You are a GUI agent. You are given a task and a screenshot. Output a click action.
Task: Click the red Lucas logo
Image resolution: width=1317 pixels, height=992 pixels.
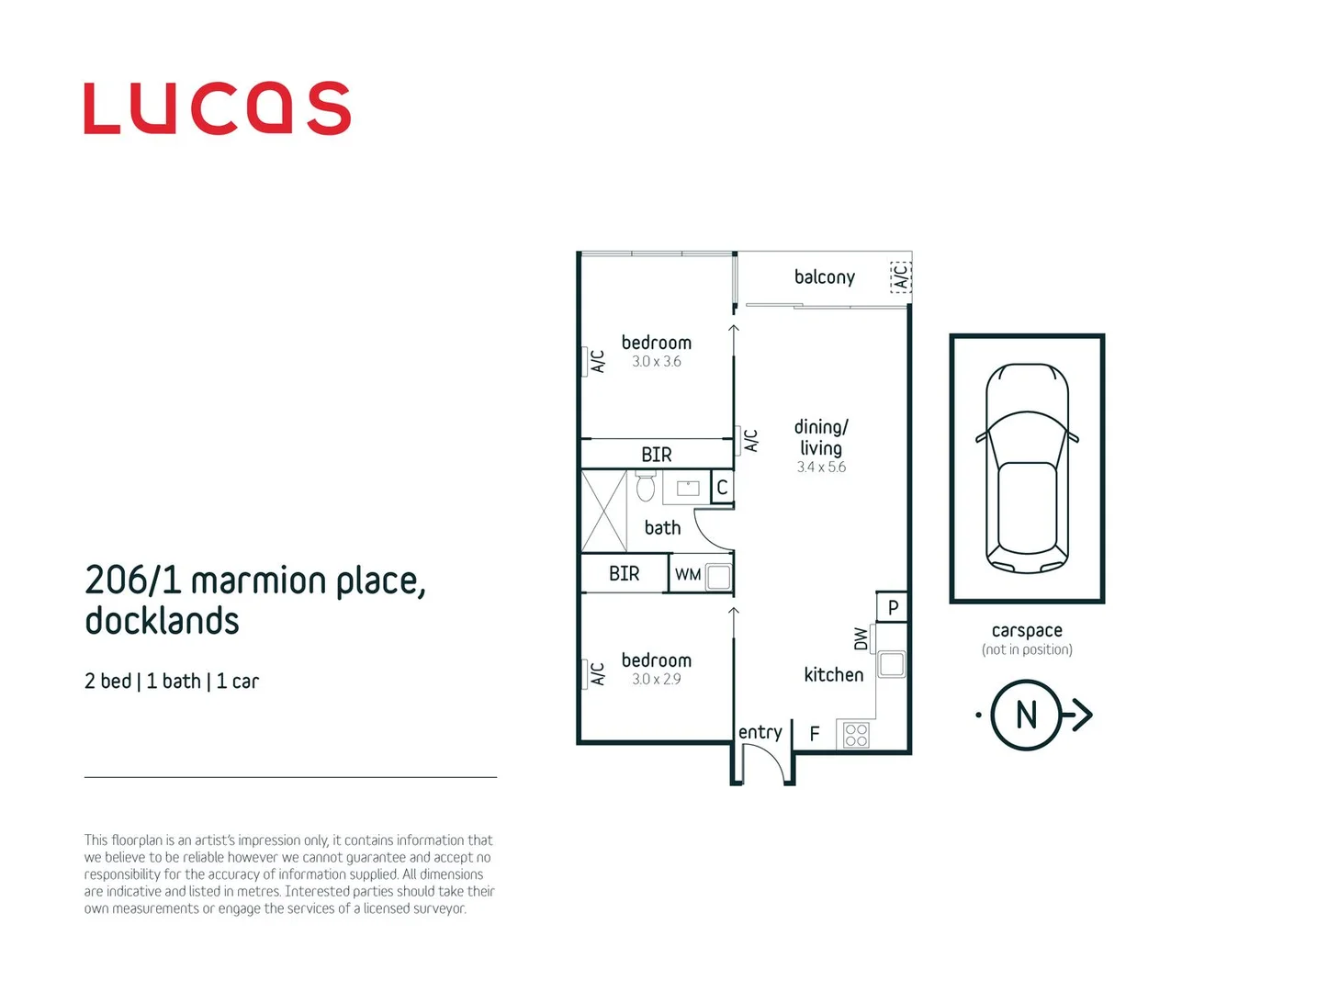[217, 108]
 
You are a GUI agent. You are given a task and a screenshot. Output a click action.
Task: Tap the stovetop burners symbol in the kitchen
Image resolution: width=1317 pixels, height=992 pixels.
[856, 735]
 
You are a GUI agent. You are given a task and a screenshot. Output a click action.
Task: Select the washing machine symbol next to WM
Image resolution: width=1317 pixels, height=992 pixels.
[719, 577]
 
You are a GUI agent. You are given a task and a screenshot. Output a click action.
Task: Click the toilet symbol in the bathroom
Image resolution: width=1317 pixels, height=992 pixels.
[646, 486]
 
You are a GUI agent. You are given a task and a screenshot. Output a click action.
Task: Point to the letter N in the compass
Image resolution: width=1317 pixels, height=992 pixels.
[1027, 715]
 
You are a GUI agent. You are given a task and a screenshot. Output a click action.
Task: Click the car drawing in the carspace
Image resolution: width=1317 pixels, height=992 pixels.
[1027, 468]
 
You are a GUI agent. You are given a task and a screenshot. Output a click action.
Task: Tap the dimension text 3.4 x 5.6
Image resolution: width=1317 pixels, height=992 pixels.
[821, 468]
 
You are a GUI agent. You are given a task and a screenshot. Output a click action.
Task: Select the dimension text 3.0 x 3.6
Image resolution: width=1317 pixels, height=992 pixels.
[657, 362]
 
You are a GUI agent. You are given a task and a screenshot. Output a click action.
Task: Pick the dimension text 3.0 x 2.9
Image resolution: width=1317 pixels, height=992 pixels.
[657, 680]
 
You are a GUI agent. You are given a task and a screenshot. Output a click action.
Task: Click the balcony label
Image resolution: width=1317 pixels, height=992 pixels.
[825, 277]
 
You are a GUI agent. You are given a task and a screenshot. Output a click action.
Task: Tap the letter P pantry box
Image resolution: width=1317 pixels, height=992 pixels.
[893, 607]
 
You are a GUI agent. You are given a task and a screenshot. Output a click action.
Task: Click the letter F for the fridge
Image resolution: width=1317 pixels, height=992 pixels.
[815, 734]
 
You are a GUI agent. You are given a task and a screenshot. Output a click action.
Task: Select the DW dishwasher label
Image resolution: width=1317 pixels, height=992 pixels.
[861, 639]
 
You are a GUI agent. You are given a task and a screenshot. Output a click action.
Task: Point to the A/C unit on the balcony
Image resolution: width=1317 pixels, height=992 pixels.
[901, 276]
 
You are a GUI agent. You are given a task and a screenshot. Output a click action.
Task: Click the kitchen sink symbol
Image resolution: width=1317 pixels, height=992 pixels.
[892, 663]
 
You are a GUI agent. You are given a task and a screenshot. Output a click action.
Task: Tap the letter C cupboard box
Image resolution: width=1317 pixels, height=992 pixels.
[723, 488]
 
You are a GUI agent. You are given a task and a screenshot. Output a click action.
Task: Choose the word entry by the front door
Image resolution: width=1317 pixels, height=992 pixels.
[760, 732]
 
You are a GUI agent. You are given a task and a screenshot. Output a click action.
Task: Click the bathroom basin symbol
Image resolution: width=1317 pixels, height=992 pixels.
[688, 488]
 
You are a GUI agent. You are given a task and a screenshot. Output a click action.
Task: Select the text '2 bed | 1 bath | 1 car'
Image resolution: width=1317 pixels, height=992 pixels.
[172, 682]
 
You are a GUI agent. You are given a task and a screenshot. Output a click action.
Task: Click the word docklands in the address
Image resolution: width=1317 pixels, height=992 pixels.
[163, 622]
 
